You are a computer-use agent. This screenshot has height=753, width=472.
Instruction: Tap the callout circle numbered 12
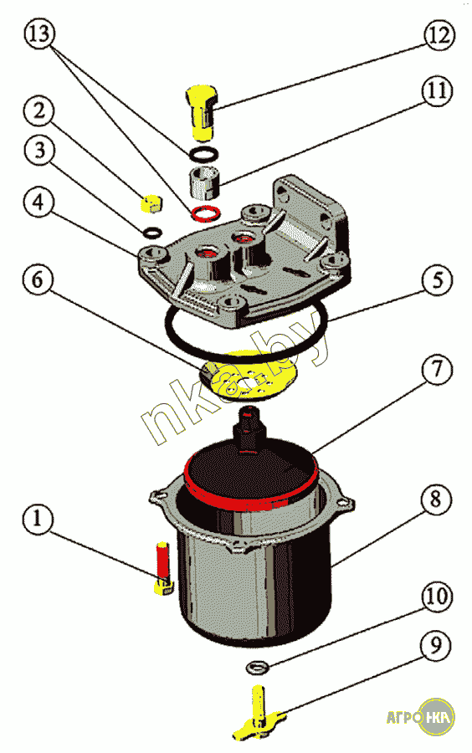click(x=439, y=34)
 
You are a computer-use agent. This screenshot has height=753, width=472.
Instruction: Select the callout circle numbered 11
click(x=437, y=90)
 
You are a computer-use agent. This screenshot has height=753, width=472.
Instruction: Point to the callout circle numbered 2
click(x=38, y=110)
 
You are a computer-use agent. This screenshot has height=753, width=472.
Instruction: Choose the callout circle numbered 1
click(x=38, y=520)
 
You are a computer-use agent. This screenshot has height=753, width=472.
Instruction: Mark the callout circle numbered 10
click(x=437, y=597)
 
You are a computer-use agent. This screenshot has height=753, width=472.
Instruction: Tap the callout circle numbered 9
click(x=435, y=646)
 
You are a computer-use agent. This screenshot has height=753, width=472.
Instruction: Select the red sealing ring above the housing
click(x=206, y=213)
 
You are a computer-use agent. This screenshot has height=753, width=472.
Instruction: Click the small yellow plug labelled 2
click(x=151, y=203)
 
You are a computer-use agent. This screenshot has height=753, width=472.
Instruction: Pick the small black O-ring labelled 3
click(x=152, y=233)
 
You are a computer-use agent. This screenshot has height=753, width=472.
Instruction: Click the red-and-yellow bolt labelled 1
click(x=163, y=568)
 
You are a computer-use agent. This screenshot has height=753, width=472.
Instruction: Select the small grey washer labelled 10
click(x=257, y=667)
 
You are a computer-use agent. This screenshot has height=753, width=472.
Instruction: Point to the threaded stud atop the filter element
click(x=249, y=428)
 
